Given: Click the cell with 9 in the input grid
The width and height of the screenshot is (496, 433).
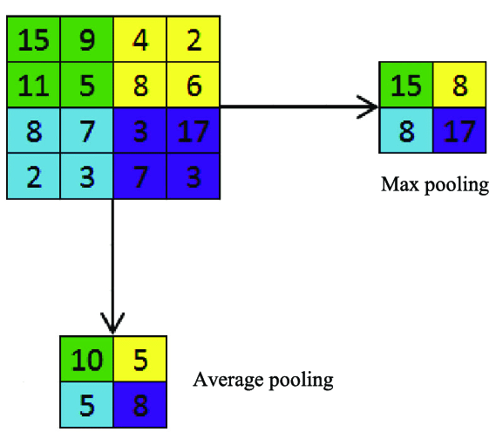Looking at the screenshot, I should pyautogui.click(x=86, y=39).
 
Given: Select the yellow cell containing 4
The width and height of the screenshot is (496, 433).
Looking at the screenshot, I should pyautogui.click(x=139, y=39).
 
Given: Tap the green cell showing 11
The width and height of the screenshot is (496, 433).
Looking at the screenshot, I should pyautogui.click(x=33, y=86).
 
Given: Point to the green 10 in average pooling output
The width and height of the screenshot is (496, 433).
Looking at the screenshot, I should pyautogui.click(x=85, y=358).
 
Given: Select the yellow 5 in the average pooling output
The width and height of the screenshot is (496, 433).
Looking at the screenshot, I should pyautogui.click(x=139, y=358).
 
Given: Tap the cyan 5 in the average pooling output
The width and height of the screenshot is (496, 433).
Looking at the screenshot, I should pyautogui.click(x=85, y=404).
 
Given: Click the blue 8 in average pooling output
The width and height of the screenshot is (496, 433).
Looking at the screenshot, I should pyautogui.click(x=139, y=404).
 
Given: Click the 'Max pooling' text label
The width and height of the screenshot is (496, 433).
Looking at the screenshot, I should pyautogui.click(x=434, y=186).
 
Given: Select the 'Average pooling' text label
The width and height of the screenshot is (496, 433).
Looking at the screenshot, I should pyautogui.click(x=263, y=380).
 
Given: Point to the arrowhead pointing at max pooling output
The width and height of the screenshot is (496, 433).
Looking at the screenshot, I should pyautogui.click(x=370, y=107).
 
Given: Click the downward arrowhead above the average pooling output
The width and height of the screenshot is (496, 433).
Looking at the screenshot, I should pyautogui.click(x=112, y=324).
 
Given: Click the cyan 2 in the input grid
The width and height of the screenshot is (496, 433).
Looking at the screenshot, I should pyautogui.click(x=33, y=176).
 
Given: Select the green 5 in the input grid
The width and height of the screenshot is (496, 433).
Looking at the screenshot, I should pyautogui.click(x=86, y=86).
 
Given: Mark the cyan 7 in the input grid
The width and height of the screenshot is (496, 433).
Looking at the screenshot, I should pyautogui.click(x=86, y=131).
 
